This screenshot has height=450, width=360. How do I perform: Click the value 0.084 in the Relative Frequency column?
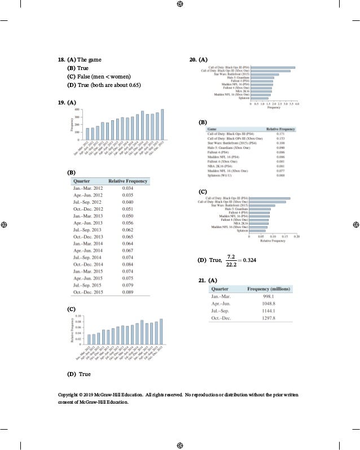click(x=128, y=264)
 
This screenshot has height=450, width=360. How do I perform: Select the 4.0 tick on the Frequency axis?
click(x=297, y=104)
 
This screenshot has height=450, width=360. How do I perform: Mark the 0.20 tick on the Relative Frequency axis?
click(x=297, y=237)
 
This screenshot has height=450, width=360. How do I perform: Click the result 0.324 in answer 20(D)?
click(x=249, y=260)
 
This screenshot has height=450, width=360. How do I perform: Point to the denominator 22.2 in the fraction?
click(x=231, y=264)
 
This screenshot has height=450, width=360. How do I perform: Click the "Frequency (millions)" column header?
click(x=268, y=289)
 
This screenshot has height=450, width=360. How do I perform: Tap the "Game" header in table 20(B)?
click(x=213, y=129)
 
